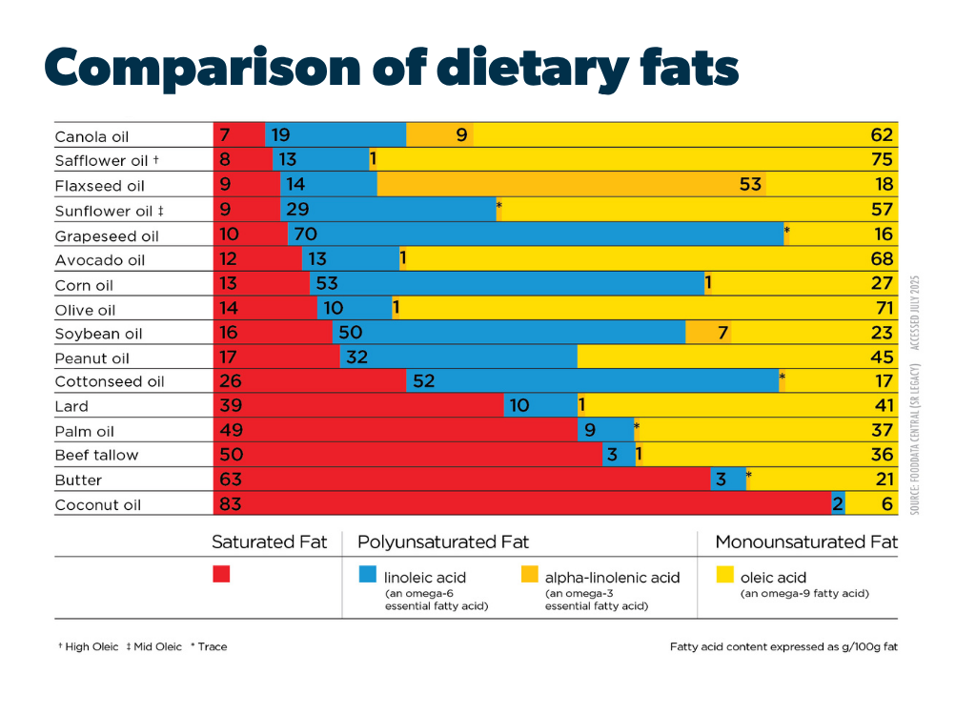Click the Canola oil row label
pos(91,136)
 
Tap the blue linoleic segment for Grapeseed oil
pos(534,235)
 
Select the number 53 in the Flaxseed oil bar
pos(750,184)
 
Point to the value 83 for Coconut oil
pos(231,504)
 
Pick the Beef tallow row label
pos(96,456)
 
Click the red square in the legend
pos(221,574)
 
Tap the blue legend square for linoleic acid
pos(367,574)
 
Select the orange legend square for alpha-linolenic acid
pos(529,574)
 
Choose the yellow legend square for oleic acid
pos(724,574)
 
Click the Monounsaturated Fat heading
pos(806,542)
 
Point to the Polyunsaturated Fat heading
pos(443,542)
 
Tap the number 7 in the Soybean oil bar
pos(723,333)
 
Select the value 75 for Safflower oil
pos(882,160)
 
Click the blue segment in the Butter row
pos(726,480)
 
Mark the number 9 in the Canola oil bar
pos(461,135)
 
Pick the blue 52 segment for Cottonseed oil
pos(591,381)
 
